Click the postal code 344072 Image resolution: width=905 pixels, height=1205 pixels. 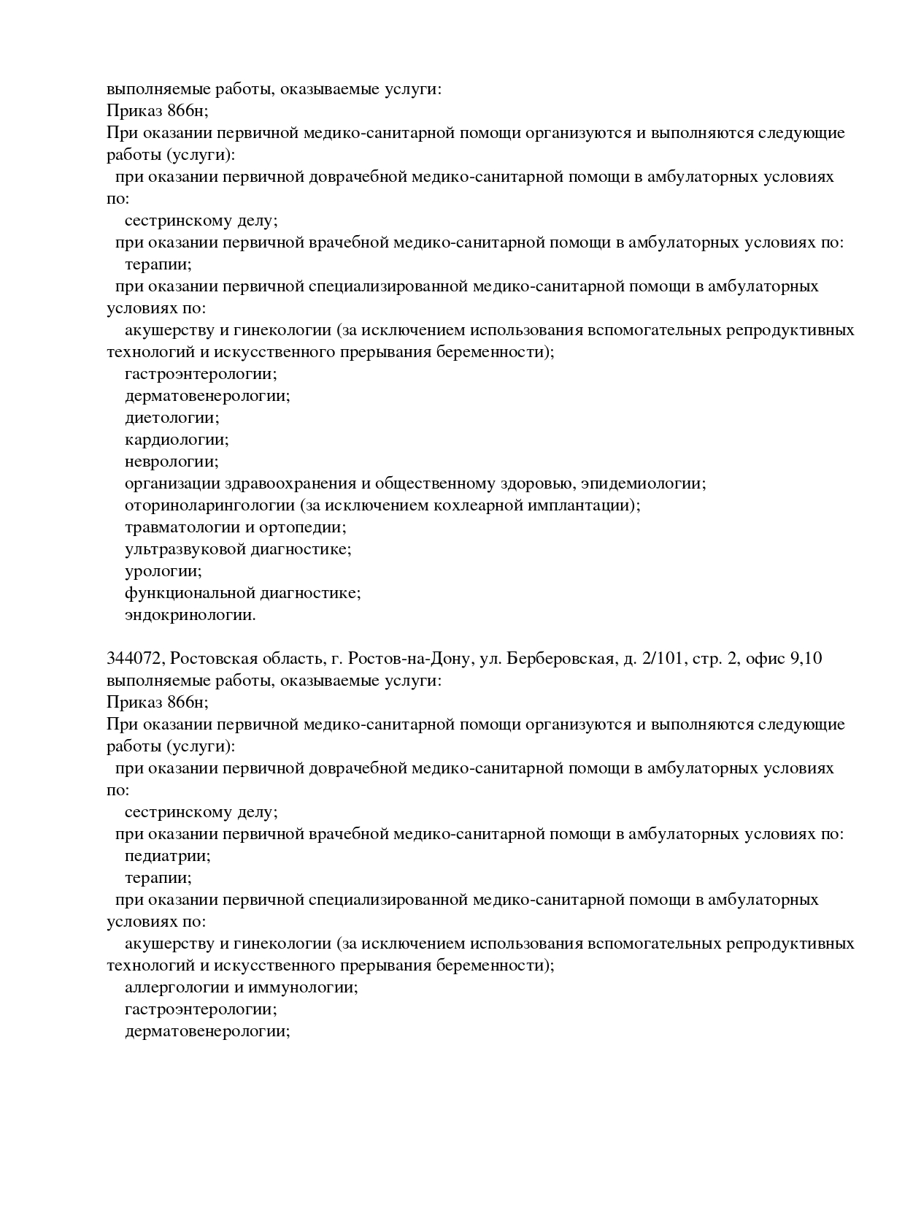[x=134, y=659]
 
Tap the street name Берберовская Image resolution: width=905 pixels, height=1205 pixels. [x=559, y=659]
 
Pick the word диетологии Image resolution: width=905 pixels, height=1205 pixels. [x=172, y=418]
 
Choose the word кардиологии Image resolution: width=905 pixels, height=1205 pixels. [x=176, y=440]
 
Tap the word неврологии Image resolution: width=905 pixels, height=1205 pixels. [x=172, y=462]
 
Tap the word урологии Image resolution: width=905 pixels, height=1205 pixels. [x=163, y=571]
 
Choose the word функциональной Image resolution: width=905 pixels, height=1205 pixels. [x=186, y=593]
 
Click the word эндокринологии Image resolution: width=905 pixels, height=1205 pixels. [x=190, y=615]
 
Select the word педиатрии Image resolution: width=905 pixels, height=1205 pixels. [x=167, y=856]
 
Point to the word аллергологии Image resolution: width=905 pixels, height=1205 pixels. [x=176, y=987]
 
